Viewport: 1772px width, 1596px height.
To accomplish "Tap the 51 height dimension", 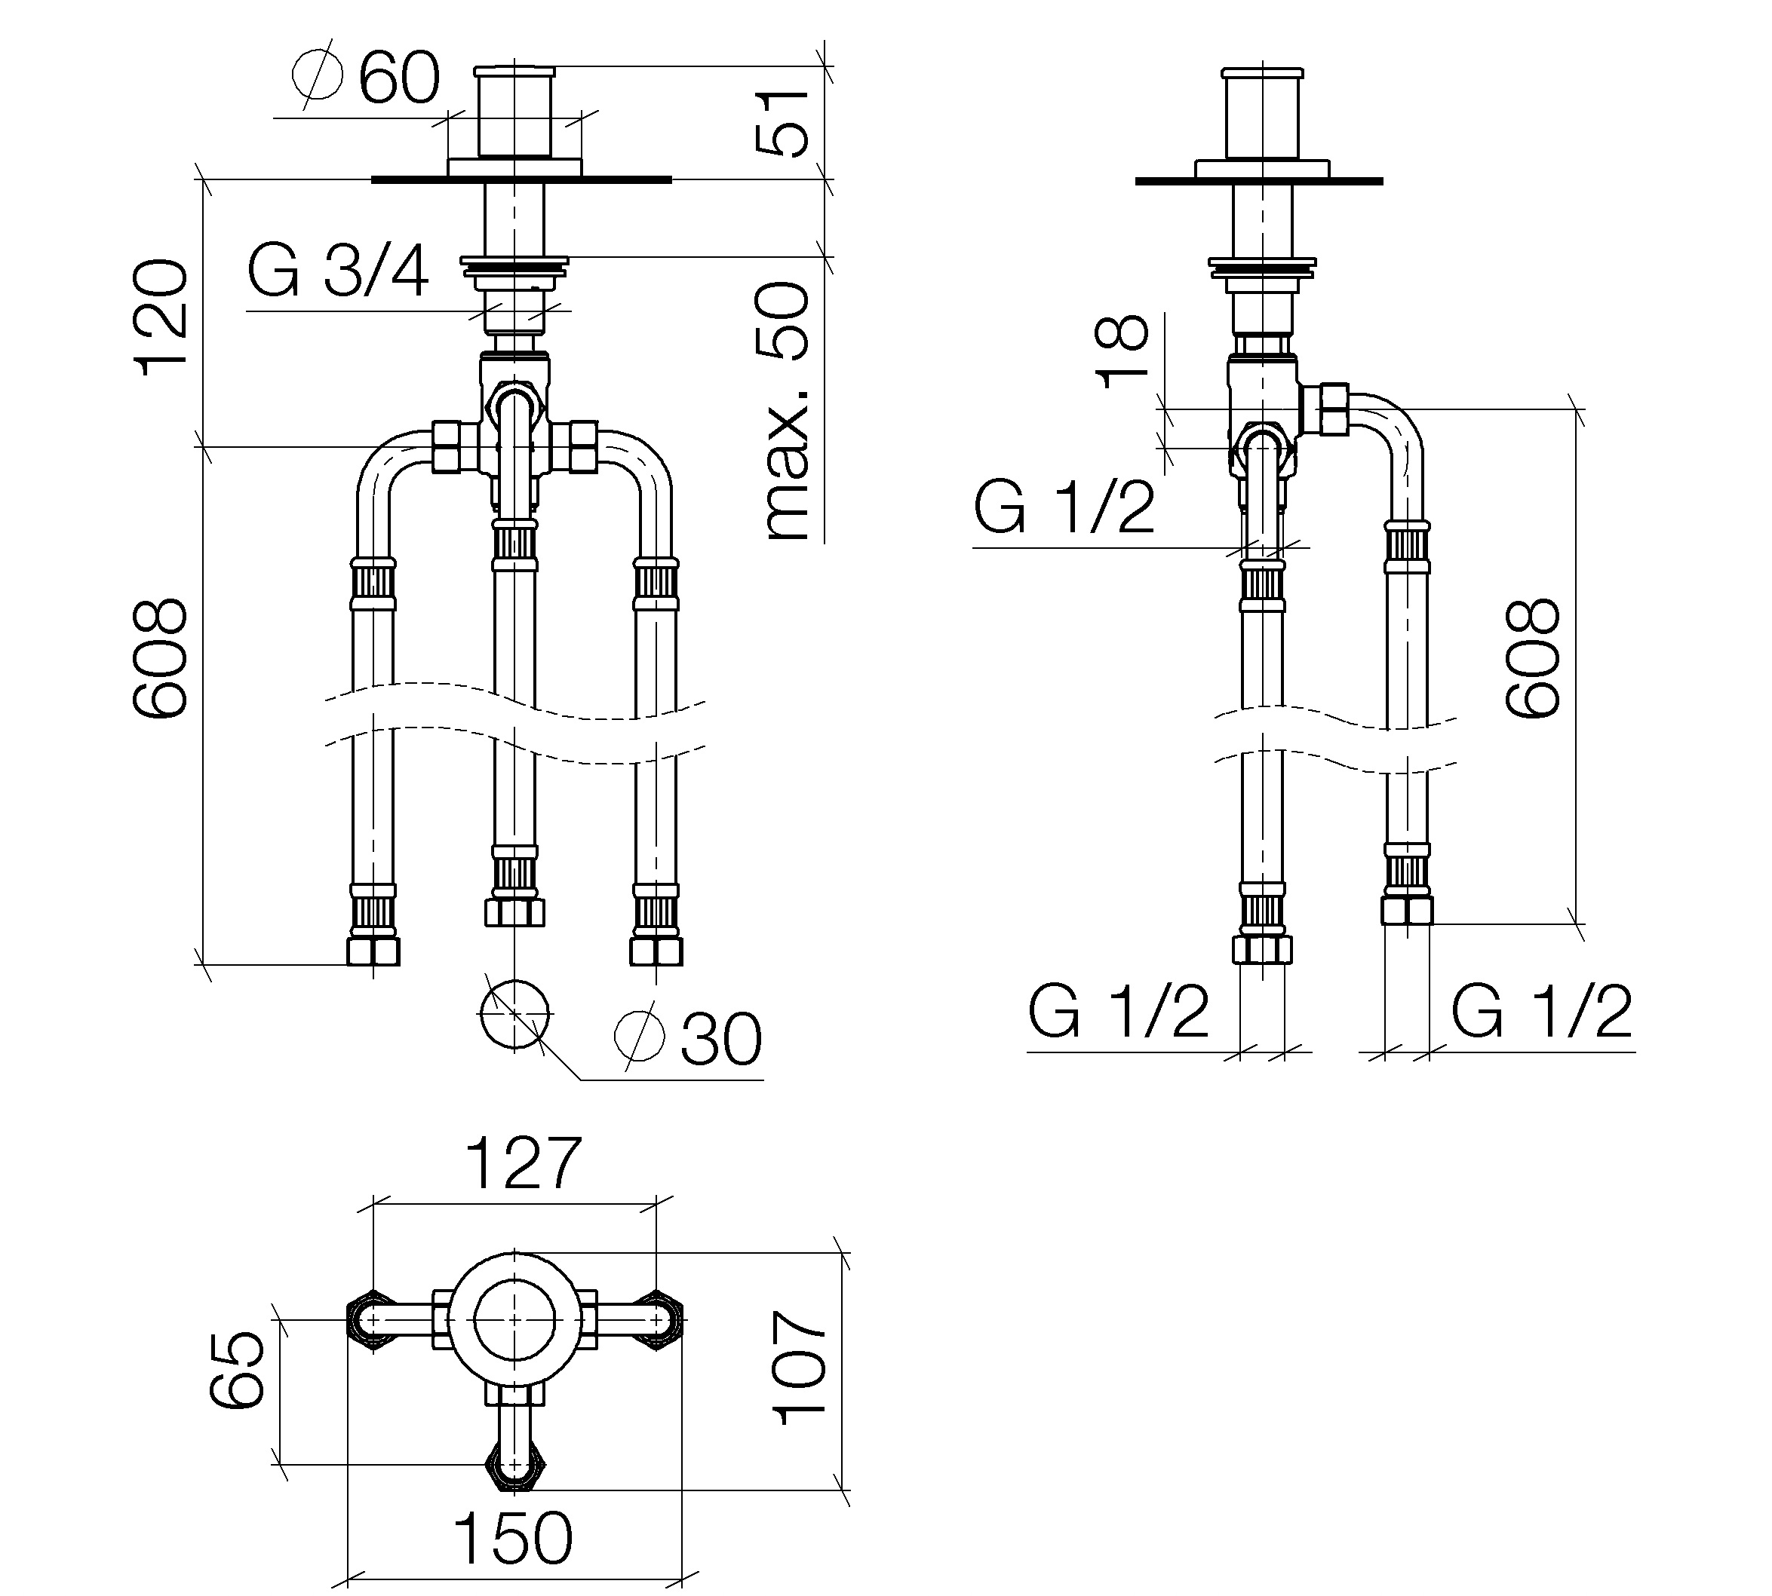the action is pyautogui.click(x=782, y=122).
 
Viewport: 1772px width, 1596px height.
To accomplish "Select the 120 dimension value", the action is pyautogui.click(x=161, y=317).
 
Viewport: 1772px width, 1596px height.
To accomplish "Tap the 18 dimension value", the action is pyautogui.click(x=1122, y=350).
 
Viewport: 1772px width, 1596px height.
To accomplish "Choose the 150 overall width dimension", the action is pyautogui.click(x=512, y=1538).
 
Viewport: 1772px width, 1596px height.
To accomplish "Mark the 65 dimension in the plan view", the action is pyautogui.click(x=237, y=1371).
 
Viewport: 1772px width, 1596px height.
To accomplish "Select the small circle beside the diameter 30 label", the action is pyautogui.click(x=515, y=1015).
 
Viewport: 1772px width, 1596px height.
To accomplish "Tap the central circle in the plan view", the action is pyautogui.click(x=515, y=1320).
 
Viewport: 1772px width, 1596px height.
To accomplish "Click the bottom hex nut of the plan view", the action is pyautogui.click(x=516, y=1466).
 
